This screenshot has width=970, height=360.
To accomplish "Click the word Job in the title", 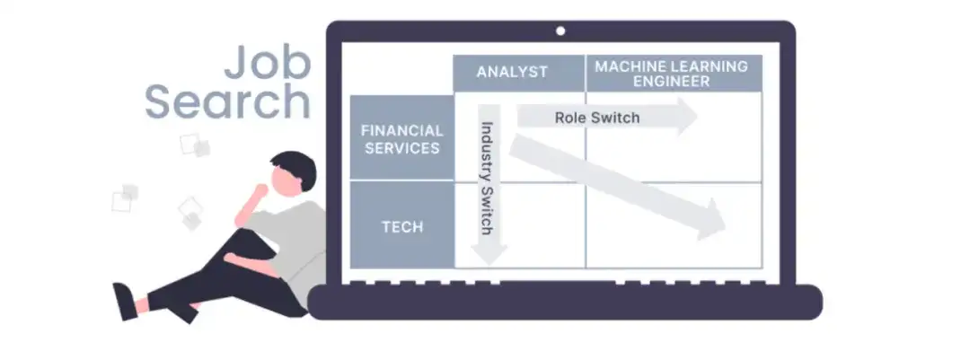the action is pyautogui.click(x=267, y=65).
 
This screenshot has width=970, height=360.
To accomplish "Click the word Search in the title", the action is pyautogui.click(x=228, y=103).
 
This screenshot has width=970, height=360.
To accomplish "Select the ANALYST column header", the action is pyautogui.click(x=512, y=72).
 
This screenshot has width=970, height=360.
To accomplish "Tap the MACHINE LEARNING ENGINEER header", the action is pyautogui.click(x=671, y=73).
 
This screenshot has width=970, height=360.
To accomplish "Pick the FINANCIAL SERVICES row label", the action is pyautogui.click(x=401, y=139).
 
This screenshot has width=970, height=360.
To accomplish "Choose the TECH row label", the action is pyautogui.click(x=401, y=226).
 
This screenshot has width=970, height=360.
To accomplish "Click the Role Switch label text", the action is pyautogui.click(x=596, y=118).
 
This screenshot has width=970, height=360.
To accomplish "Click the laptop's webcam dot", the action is pyautogui.click(x=560, y=31).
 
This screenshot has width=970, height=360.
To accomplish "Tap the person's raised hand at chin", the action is pyautogui.click(x=262, y=191).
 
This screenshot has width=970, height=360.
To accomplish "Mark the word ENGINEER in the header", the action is pyautogui.click(x=671, y=81).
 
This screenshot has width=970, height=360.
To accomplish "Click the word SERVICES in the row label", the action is pyautogui.click(x=401, y=148).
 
